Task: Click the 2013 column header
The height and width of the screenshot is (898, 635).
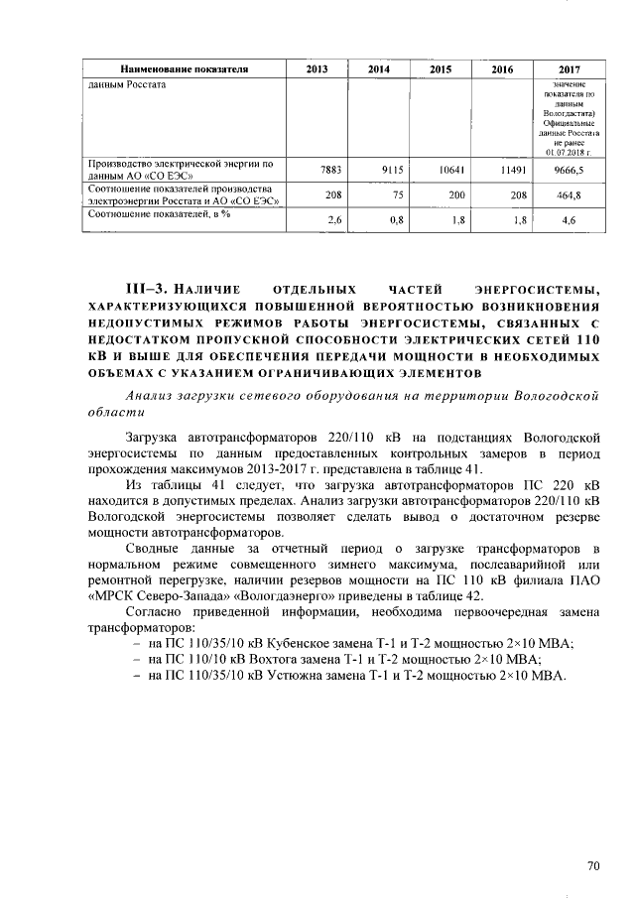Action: [317, 69]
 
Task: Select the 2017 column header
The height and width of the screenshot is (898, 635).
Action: [569, 69]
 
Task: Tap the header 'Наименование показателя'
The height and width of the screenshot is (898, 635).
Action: [184, 69]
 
